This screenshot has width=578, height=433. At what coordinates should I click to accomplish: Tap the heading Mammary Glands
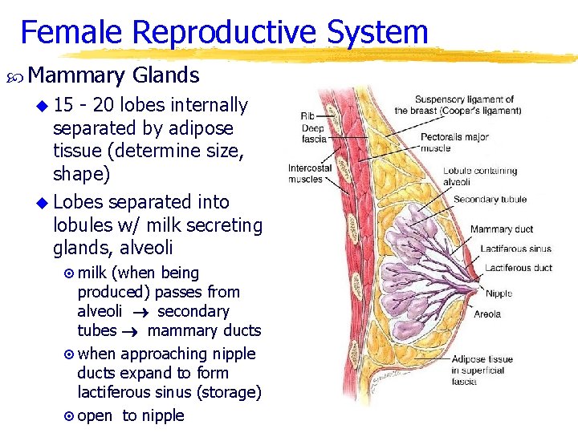click(x=113, y=75)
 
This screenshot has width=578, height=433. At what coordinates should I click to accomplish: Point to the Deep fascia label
click(x=314, y=133)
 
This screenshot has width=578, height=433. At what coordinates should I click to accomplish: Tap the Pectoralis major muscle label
click(x=454, y=143)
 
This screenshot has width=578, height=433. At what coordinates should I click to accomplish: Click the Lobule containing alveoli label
click(x=480, y=176)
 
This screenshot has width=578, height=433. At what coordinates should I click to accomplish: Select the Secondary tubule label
click(x=490, y=200)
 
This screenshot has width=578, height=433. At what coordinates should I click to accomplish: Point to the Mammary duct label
click(x=502, y=229)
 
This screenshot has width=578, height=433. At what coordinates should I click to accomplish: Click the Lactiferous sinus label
click(x=515, y=249)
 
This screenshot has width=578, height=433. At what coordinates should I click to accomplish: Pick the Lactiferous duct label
click(x=518, y=268)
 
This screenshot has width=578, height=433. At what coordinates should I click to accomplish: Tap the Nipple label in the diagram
click(x=499, y=293)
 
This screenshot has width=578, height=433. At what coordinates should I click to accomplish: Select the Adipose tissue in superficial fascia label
click(x=482, y=370)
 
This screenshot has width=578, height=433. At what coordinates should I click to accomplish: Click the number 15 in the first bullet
click(x=64, y=105)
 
